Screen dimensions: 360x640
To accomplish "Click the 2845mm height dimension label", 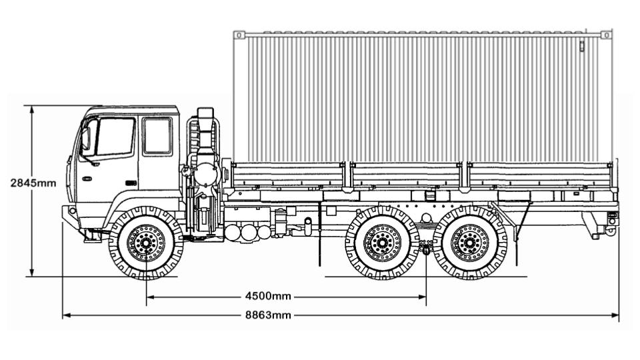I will [x=33, y=183].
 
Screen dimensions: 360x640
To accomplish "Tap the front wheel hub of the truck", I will [x=146, y=243].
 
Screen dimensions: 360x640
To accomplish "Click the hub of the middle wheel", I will [x=382, y=243].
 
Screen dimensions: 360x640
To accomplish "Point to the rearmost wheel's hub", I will [x=470, y=243].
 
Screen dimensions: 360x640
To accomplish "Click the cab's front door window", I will [x=115, y=137].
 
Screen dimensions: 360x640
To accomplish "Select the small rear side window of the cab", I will [x=157, y=136].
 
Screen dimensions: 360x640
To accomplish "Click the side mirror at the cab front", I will [x=85, y=139].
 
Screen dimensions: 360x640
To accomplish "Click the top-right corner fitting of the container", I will [x=605, y=35].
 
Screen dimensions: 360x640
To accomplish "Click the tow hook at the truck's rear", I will [x=610, y=230].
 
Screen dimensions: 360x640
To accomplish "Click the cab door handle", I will [x=131, y=182].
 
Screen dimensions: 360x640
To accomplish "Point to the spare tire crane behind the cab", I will [x=203, y=167].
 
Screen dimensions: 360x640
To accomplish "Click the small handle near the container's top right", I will [x=581, y=47].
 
